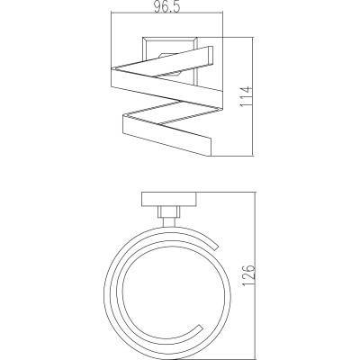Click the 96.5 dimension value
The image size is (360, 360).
[x=167, y=6]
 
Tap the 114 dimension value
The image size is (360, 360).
[x=247, y=96]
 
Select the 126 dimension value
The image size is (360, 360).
[x=249, y=275]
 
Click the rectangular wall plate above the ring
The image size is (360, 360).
[x=169, y=200]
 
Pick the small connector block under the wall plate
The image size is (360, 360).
[x=169, y=212]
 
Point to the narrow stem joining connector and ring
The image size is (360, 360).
[x=169, y=222]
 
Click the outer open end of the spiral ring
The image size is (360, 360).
[x=215, y=246]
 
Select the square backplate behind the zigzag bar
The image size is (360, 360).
[x=169, y=60]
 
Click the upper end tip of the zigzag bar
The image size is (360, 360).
[x=211, y=56]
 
